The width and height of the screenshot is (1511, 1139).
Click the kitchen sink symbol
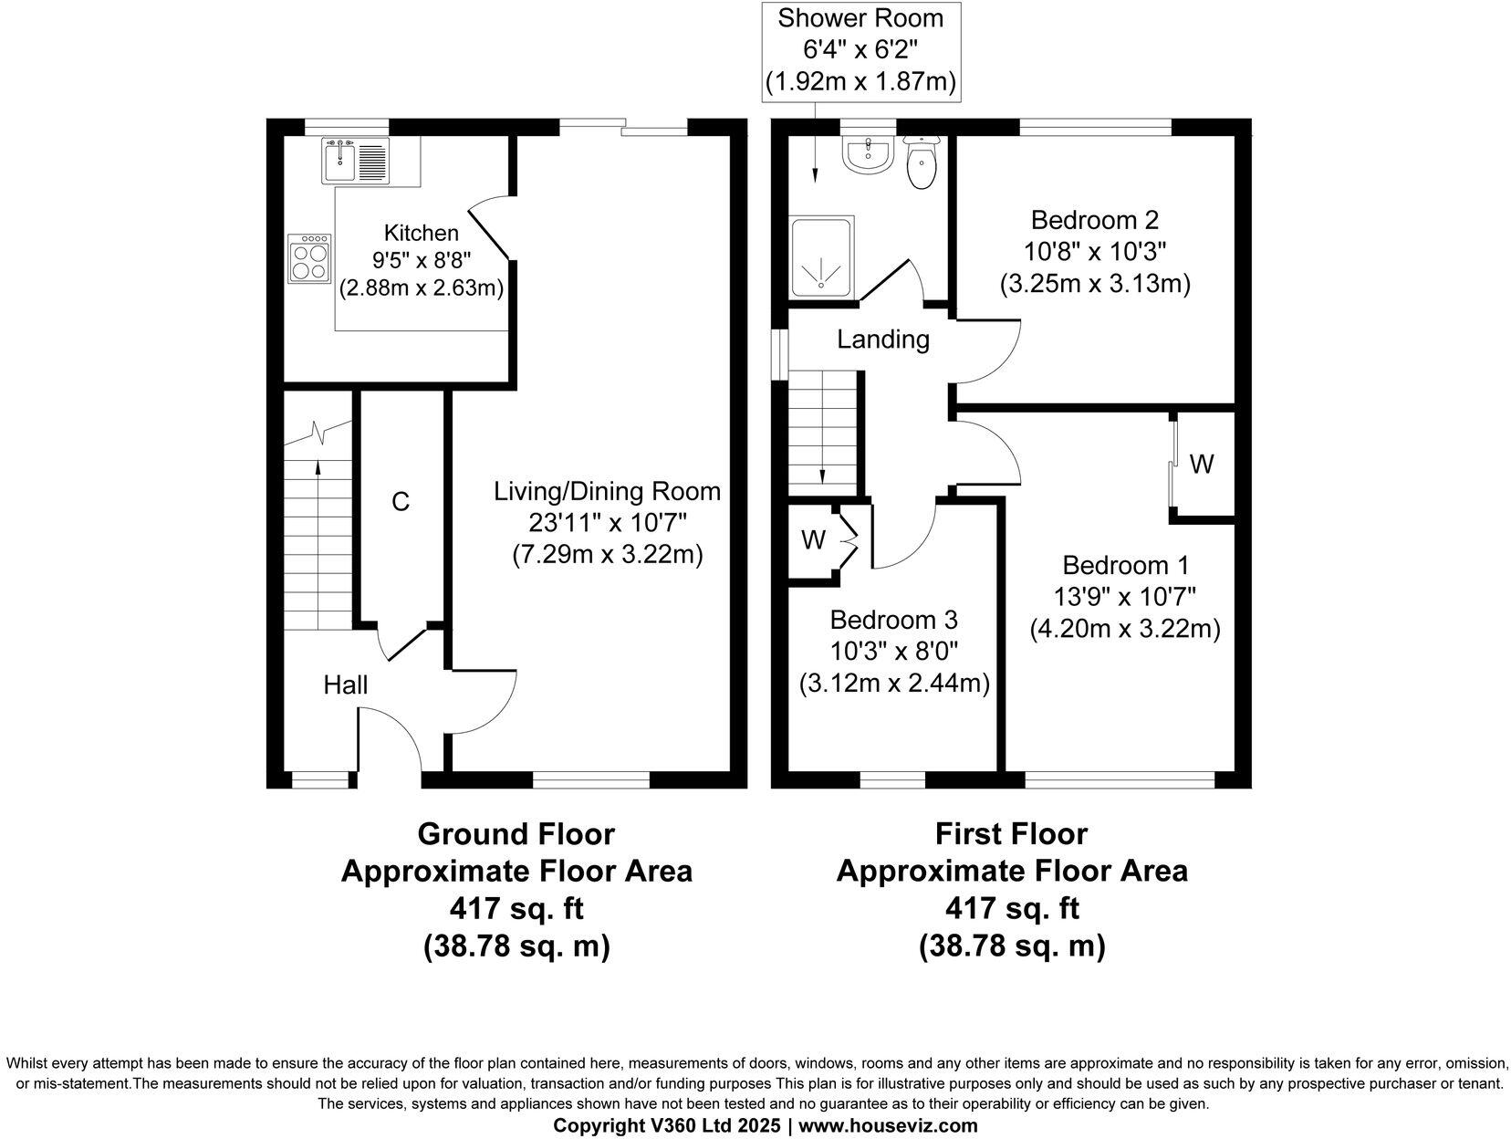pos(355,161)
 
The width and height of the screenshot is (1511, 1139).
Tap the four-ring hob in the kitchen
pos(309,258)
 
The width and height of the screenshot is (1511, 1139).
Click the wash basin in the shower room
pos(868,153)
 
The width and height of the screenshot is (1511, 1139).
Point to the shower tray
pos(822,257)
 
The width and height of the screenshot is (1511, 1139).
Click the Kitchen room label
pos(422,233)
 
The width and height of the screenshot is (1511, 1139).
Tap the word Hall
pos(346,684)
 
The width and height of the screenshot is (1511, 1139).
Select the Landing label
pos(883,340)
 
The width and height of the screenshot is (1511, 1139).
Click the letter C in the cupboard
pos(401,502)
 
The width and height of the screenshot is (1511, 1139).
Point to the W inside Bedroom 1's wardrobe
pos(1202,465)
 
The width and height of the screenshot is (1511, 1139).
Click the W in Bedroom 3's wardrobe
pos(813,540)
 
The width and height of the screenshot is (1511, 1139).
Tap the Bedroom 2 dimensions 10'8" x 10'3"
pos(1095,252)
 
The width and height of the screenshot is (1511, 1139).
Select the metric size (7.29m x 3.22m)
pos(608,554)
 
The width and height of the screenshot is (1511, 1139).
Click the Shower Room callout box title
pos(860,18)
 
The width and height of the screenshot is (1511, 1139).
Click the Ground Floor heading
pos(516,834)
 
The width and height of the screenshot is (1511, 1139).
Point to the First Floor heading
pos(1011,834)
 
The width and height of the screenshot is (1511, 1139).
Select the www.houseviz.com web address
pos(888,1125)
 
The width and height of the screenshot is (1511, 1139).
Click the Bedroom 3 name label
pos(893,620)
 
